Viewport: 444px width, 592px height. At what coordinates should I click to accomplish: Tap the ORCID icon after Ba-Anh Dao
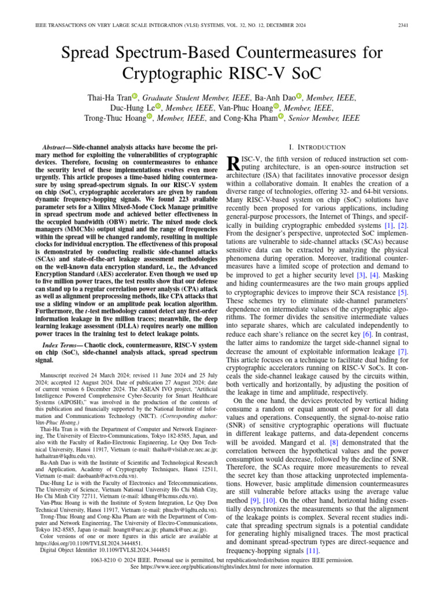click(299, 97)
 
